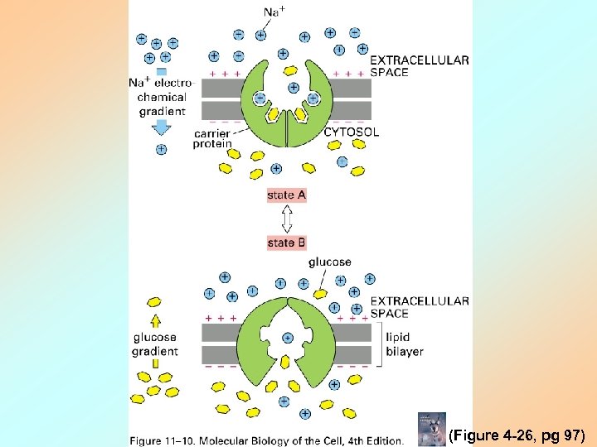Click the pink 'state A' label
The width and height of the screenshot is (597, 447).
pyautogui.click(x=287, y=195)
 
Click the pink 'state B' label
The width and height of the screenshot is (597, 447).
pyautogui.click(x=287, y=243)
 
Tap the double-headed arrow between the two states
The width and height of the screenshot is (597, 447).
pyautogui.click(x=287, y=219)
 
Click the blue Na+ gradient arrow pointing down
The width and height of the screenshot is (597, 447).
pyautogui.click(x=161, y=127)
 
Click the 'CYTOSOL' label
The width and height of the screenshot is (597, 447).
pyautogui.click(x=352, y=132)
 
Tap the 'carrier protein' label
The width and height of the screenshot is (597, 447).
pyautogui.click(x=213, y=138)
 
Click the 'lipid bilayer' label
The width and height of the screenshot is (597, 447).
pyautogui.click(x=405, y=344)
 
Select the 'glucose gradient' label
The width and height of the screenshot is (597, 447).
pyautogui.click(x=155, y=344)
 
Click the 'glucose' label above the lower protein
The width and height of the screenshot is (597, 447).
pyautogui.click(x=329, y=262)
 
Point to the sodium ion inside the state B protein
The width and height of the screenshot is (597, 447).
pyautogui.click(x=288, y=338)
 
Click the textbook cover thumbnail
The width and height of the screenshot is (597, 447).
pyautogui.click(x=431, y=430)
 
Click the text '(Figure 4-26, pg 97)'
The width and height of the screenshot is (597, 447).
pyautogui.click(x=517, y=435)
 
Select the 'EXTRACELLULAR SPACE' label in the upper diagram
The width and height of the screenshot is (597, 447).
pyautogui.click(x=419, y=66)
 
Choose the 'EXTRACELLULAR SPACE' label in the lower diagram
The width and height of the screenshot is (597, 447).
pyautogui.click(x=419, y=307)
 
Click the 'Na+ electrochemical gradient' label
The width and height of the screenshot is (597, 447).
pyautogui.click(x=161, y=96)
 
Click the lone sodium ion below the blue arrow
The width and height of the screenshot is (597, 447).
pyautogui.click(x=161, y=149)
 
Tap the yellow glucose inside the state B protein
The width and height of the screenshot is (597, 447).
pyautogui.click(x=285, y=361)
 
